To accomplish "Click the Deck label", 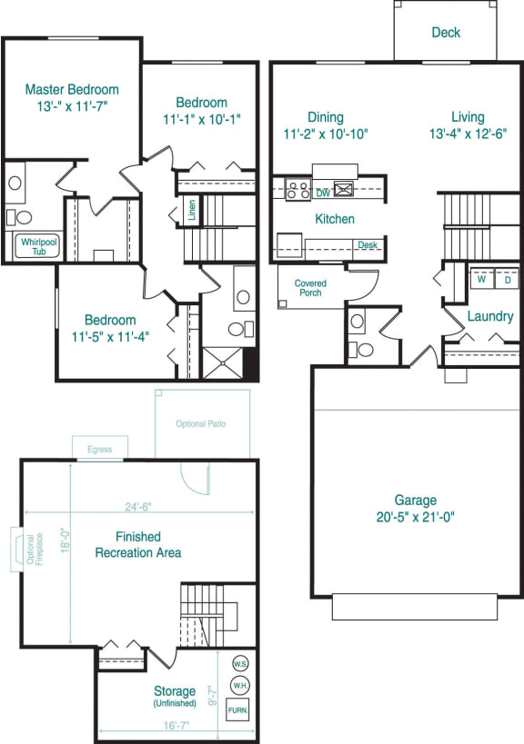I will pyautogui.click(x=446, y=33).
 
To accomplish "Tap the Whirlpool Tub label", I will pyautogui.click(x=34, y=246).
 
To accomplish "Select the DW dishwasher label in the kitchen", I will pyautogui.click(x=323, y=193).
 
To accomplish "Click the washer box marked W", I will pyautogui.click(x=479, y=280).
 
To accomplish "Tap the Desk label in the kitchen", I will pyautogui.click(x=368, y=245).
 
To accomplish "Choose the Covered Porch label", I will pyautogui.click(x=310, y=288).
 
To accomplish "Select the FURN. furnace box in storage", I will pyautogui.click(x=238, y=710).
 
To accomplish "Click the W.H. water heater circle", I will pyautogui.click(x=240, y=683).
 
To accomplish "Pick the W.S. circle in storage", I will pyautogui.click(x=240, y=662).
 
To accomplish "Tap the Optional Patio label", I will pyautogui.click(x=201, y=424).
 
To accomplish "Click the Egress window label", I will pyautogui.click(x=100, y=449).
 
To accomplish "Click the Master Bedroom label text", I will pyautogui.click(x=72, y=90).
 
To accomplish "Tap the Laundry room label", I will pyautogui.click(x=490, y=317).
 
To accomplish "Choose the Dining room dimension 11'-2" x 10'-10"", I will pyautogui.click(x=325, y=134).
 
